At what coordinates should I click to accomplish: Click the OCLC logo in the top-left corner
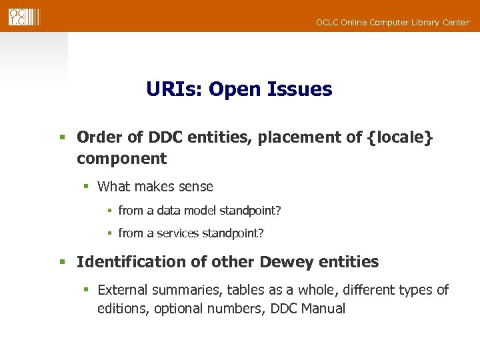tap(23, 17)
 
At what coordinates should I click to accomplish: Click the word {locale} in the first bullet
tap(400, 137)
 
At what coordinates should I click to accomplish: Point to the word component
tap(121, 159)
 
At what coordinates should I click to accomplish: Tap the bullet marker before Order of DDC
tap(61, 138)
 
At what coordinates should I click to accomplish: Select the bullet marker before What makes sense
tap(85, 187)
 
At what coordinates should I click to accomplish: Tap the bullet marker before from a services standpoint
tap(109, 233)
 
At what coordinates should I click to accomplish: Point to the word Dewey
tap(288, 262)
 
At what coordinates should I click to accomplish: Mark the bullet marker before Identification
tap(61, 263)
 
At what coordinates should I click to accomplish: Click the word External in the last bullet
tap(122, 290)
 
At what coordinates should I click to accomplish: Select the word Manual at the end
tap(323, 309)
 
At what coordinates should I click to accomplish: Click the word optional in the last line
tap(178, 309)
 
